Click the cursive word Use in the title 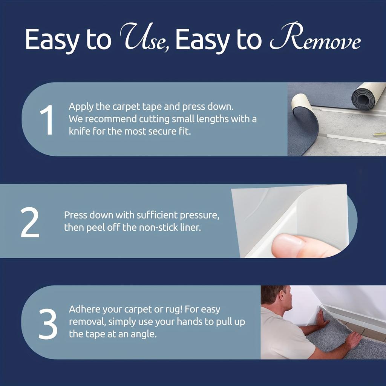coord(144,39)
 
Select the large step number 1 coord(46,120)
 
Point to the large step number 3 coord(48,323)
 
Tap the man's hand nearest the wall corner coord(322,319)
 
